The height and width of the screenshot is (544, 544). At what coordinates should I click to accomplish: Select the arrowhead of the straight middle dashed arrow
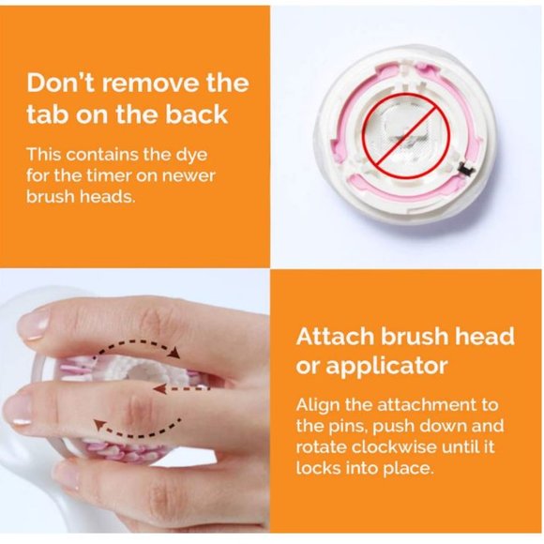pos(158,385)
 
